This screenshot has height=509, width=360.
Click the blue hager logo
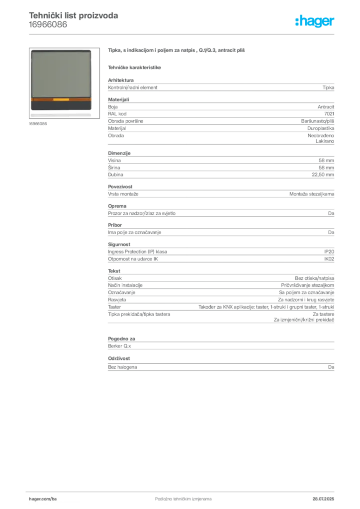(316, 22)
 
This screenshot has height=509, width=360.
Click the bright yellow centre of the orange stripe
(61, 100)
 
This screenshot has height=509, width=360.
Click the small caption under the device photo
(38, 124)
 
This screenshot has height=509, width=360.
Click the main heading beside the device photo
(177, 51)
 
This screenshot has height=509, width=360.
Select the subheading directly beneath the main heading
(135, 67)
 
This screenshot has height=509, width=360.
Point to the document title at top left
(74, 15)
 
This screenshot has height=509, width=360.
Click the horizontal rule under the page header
(199, 33)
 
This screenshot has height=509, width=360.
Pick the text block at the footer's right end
(326, 497)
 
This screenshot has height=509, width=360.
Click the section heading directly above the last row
(119, 358)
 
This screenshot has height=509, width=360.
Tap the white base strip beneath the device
(61, 115)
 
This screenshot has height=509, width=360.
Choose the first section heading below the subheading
(121, 79)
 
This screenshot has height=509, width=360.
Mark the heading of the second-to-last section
(122, 337)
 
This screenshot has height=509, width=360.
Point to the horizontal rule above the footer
(183, 490)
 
